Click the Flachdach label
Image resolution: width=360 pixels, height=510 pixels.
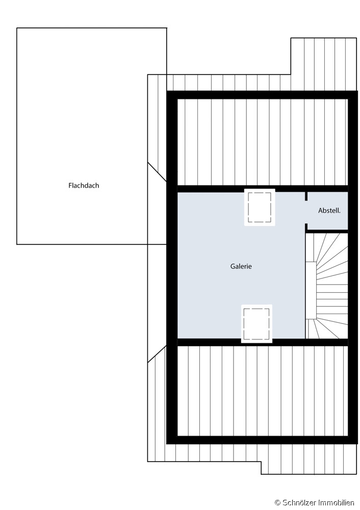click(x=84, y=186)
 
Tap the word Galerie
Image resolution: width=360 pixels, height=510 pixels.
click(x=241, y=266)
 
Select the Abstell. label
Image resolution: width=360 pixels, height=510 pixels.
click(x=329, y=211)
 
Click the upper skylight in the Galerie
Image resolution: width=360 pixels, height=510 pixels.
click(x=260, y=207)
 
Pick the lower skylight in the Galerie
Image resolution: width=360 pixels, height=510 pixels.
click(x=256, y=324)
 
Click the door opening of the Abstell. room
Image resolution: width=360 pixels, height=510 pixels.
click(x=306, y=212)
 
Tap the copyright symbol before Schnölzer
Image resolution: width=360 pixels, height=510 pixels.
click(x=277, y=503)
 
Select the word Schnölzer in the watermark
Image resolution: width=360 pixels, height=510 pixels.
click(x=299, y=503)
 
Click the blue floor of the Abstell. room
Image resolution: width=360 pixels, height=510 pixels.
click(x=328, y=211)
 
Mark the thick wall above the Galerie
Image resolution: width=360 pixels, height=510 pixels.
click(x=263, y=189)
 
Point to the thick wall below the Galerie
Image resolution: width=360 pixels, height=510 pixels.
click(x=263, y=342)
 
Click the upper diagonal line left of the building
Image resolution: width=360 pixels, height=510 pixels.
click(x=157, y=172)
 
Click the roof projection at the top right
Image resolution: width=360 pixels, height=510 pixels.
click(x=324, y=64)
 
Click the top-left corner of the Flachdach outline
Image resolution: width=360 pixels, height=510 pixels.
click(x=17, y=28)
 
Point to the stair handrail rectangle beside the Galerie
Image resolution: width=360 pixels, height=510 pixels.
click(x=311, y=290)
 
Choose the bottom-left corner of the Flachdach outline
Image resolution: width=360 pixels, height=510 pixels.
click(x=17, y=244)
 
